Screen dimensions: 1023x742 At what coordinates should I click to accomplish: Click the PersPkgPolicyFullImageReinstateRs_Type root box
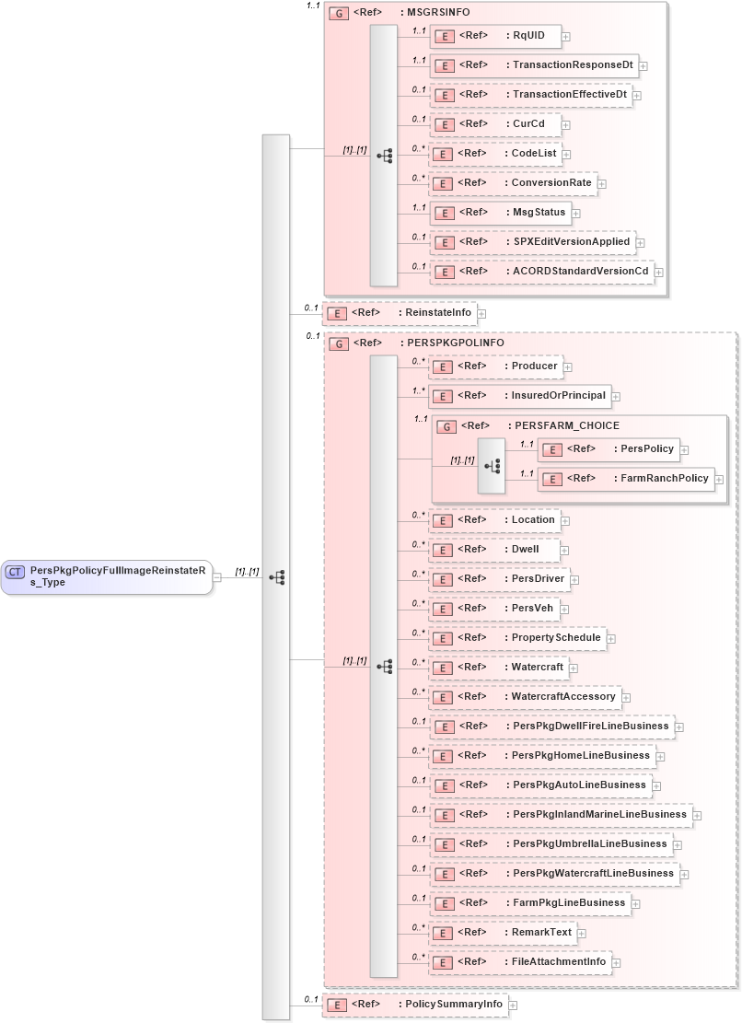click(x=107, y=577)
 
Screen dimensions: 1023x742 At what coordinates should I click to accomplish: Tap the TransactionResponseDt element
click(x=534, y=65)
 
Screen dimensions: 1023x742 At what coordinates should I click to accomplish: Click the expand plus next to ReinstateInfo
click(x=481, y=314)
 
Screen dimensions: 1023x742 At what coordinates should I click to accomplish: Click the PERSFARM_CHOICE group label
click(x=562, y=426)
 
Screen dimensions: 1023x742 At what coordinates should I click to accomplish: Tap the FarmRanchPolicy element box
click(x=626, y=479)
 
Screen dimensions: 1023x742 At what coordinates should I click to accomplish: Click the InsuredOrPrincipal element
click(x=520, y=396)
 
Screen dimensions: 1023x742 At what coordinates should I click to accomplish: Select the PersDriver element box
click(x=500, y=578)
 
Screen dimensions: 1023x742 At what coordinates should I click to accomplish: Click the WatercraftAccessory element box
click(x=526, y=697)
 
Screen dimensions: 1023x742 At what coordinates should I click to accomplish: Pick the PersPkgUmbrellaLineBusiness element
click(x=551, y=844)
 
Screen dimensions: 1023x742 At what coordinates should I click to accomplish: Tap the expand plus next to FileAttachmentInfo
click(x=617, y=963)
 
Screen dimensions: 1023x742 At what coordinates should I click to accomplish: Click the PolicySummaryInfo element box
click(x=414, y=1005)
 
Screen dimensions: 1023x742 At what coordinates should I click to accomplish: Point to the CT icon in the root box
click(x=16, y=572)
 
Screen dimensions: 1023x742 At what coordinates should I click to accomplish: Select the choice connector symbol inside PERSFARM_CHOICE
click(x=492, y=465)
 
